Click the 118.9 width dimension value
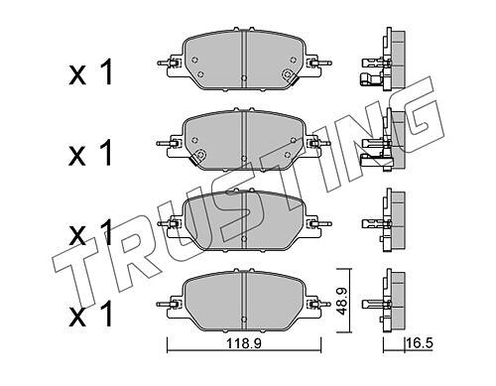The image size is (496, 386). [244, 343]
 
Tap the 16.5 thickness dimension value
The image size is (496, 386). [420, 343]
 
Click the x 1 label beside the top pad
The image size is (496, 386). [90, 72]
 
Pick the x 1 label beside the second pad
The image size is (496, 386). [90, 153]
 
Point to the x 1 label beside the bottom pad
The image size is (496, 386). [90, 315]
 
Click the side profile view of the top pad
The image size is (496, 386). [383, 59]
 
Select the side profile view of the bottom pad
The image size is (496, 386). [384, 300]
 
